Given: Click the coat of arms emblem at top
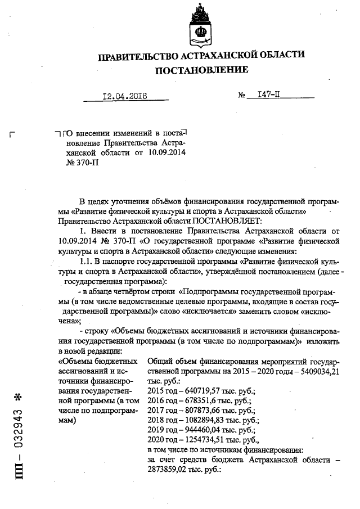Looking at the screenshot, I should pos(202,25).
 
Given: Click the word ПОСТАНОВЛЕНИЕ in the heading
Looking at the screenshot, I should pos(201,70).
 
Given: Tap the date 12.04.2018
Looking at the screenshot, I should pos(124,96).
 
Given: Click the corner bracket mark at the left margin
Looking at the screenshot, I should pos(13,134).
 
